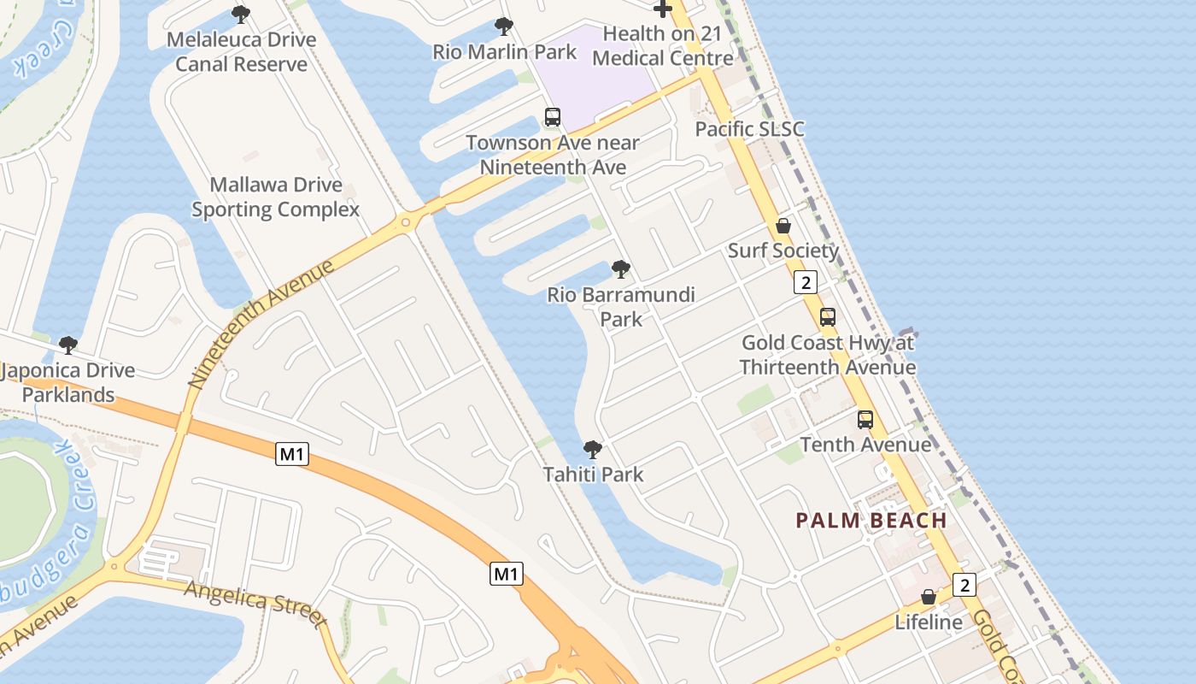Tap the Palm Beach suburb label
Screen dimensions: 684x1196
tap(871, 520)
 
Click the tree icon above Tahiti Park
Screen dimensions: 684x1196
tap(592, 450)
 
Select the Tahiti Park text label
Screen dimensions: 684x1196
tap(593, 475)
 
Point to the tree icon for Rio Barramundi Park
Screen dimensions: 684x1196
tap(621, 270)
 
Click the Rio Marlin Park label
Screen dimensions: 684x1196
tap(504, 51)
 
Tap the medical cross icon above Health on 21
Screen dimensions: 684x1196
tap(662, 9)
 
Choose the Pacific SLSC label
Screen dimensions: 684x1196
tap(749, 129)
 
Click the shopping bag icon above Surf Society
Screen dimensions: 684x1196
tap(783, 227)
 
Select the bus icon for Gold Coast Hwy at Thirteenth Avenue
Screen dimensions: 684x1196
tap(827, 317)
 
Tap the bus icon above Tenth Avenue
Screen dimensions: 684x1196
tap(865, 420)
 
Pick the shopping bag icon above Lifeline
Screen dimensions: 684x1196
tap(929, 597)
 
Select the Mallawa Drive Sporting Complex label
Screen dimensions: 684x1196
tap(275, 197)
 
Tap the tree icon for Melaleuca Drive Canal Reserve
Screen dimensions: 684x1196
tap(241, 15)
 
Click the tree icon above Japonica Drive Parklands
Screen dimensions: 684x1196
tap(67, 345)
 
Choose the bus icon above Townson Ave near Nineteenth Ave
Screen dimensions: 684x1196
tap(552, 117)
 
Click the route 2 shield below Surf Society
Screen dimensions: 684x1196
tap(805, 282)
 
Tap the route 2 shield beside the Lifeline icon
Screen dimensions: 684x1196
tap(964, 585)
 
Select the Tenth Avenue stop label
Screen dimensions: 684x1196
tap(865, 445)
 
